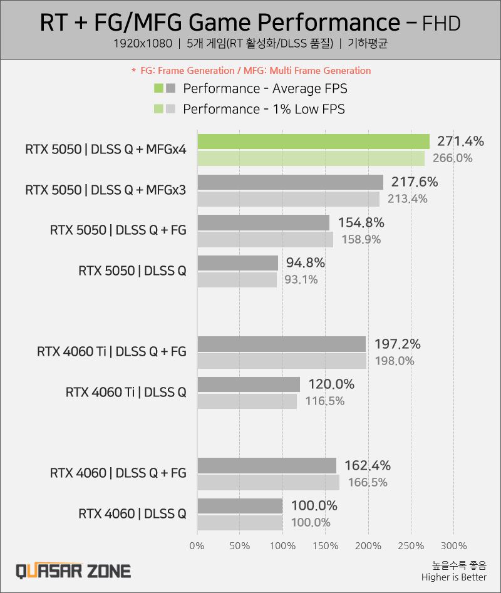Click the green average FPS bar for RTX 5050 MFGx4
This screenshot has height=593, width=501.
313,142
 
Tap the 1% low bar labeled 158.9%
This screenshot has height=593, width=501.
265,239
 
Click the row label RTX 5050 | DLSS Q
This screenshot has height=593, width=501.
132,271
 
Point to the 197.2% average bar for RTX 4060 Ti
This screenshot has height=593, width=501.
281,344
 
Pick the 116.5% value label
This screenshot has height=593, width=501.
324,401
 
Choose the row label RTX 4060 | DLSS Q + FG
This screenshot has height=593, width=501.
118,473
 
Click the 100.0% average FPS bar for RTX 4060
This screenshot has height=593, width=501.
240,505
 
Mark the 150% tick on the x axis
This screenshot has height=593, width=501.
325,545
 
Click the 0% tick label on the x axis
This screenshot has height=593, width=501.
197,545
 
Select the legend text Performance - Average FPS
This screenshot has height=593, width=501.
265,88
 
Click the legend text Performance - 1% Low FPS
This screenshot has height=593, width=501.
264,109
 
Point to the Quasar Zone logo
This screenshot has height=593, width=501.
73,570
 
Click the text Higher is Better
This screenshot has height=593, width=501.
453,577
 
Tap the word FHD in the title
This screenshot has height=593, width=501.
442,23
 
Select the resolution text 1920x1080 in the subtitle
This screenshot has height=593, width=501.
142,44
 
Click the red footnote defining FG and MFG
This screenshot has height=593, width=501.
250,70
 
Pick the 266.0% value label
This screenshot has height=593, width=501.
452,158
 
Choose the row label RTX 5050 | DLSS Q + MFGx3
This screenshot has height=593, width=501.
105,190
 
